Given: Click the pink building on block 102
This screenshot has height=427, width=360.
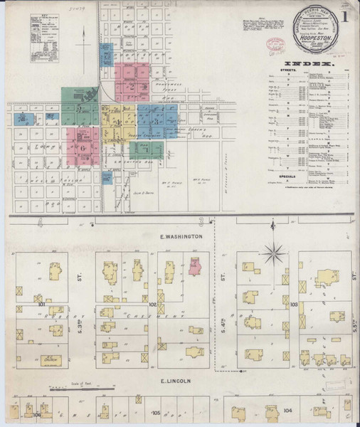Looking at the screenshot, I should pos(195,267).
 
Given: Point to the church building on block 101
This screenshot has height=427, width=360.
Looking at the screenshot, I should pos(51,360).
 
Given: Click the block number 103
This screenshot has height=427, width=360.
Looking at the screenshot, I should pos(294,304).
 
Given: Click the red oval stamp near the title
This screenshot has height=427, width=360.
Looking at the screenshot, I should pos(271,43).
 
